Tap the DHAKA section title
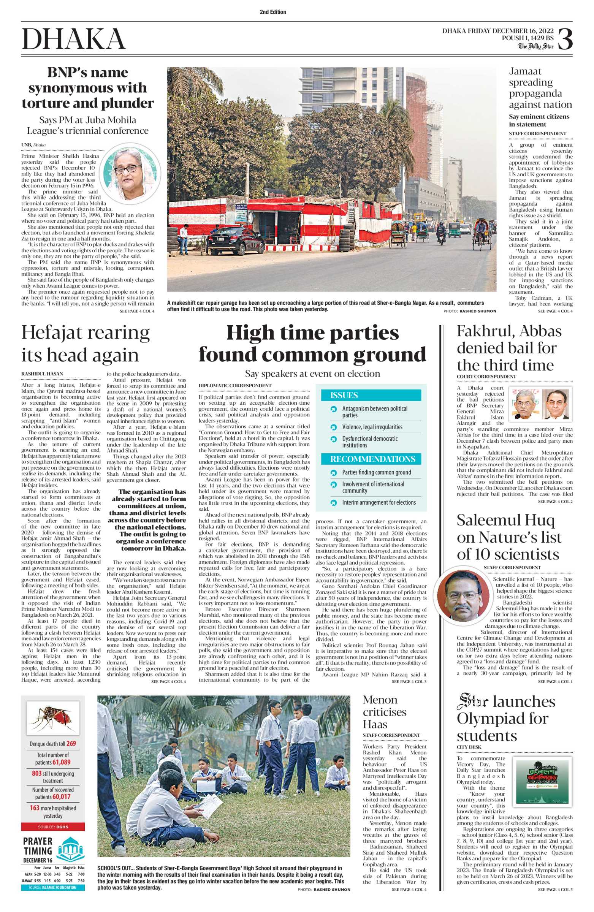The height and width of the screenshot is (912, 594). [74, 39]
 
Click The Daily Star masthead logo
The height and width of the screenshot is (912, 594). [536, 46]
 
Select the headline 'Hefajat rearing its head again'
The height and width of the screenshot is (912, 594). [86, 344]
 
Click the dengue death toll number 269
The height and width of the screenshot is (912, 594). [71, 744]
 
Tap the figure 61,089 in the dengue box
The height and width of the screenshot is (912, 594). [61, 762]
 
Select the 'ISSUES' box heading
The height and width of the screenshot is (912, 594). [344, 395]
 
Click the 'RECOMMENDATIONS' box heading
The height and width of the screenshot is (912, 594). [372, 459]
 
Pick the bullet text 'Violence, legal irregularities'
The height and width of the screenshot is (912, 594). [372, 427]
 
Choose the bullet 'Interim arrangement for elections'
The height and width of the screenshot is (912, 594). [379, 502]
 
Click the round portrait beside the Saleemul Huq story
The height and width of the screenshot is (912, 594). [463, 597]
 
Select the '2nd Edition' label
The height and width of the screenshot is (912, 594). [273, 12]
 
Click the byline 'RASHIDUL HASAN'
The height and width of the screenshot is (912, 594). [42, 374]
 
